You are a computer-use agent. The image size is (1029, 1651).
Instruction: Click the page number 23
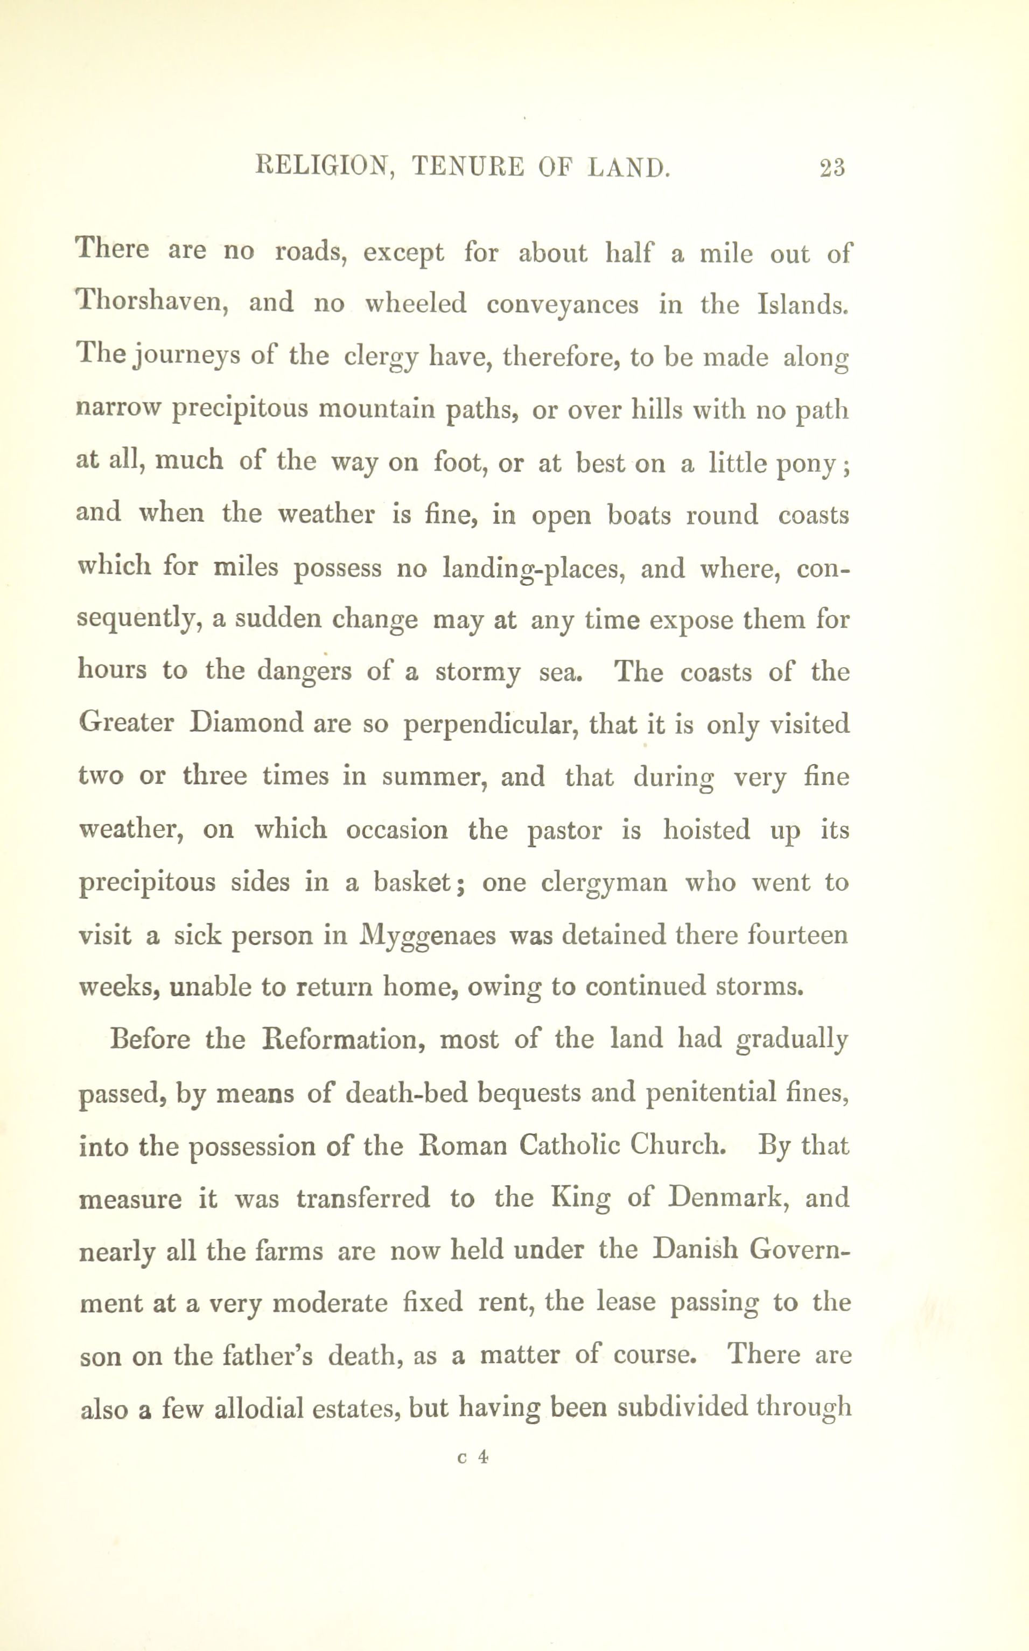[832, 167]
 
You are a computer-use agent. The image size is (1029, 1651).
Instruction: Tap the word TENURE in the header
[467, 167]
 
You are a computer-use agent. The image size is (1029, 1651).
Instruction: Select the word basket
[412, 882]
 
